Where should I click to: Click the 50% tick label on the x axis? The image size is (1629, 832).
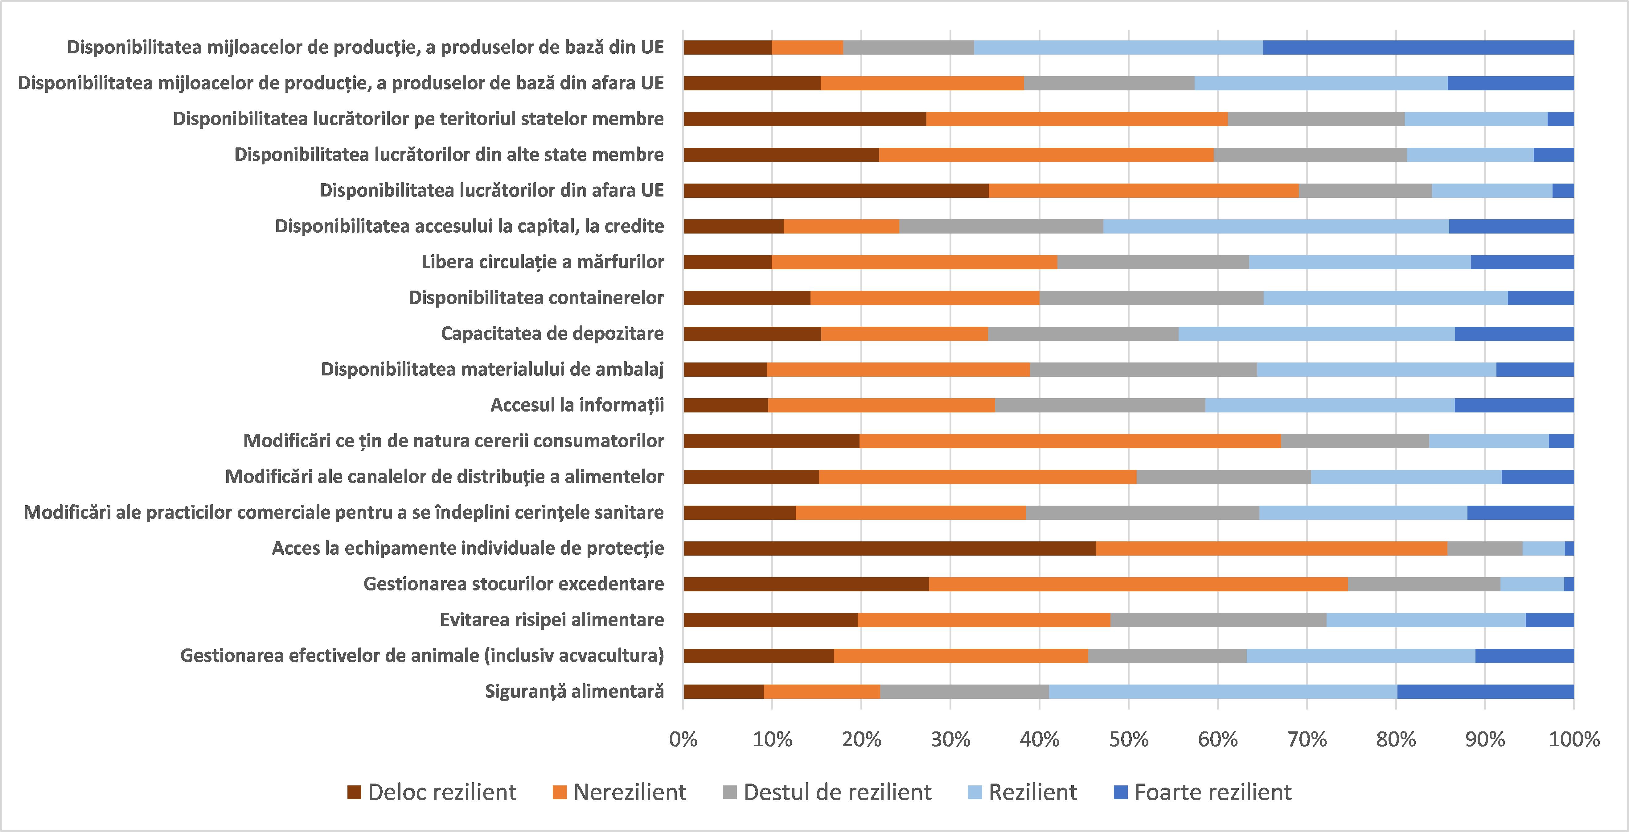(x=1129, y=739)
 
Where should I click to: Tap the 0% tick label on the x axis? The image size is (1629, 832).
(x=683, y=739)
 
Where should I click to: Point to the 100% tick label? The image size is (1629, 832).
(x=1573, y=739)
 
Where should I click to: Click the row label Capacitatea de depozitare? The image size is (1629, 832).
(x=552, y=333)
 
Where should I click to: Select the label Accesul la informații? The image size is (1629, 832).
(x=577, y=405)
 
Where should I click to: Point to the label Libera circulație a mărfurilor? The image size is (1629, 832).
(x=543, y=262)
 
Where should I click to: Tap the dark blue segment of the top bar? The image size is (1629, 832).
(x=1418, y=48)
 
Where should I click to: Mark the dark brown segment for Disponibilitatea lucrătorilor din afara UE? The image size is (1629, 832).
(x=836, y=190)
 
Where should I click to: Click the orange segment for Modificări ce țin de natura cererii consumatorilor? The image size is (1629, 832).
(x=1070, y=441)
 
